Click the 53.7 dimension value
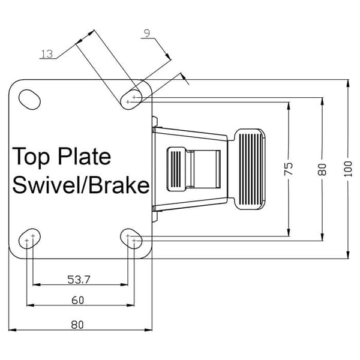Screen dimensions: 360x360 point(79,280)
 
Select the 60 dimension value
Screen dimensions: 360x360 point(77,301)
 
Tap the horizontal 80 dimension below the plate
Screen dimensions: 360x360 point(77,325)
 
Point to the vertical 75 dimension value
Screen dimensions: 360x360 point(289,169)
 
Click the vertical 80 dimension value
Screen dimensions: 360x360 point(322,169)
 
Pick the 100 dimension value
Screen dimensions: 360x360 point(348,169)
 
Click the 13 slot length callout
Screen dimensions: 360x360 point(47,54)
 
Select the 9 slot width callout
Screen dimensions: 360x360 point(147,33)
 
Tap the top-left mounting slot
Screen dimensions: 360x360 point(29,100)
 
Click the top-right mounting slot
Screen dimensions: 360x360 point(131,100)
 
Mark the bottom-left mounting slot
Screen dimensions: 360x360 point(29,239)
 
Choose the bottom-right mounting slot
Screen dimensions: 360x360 point(131,239)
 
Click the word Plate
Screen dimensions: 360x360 point(84,156)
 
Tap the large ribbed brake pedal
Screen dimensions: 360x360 point(250,169)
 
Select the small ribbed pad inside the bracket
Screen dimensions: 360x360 point(176,169)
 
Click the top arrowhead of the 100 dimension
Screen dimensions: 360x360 point(349,83)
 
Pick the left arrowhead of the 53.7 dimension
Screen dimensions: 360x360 point(37,284)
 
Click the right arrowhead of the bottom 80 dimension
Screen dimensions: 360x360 point(148,330)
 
